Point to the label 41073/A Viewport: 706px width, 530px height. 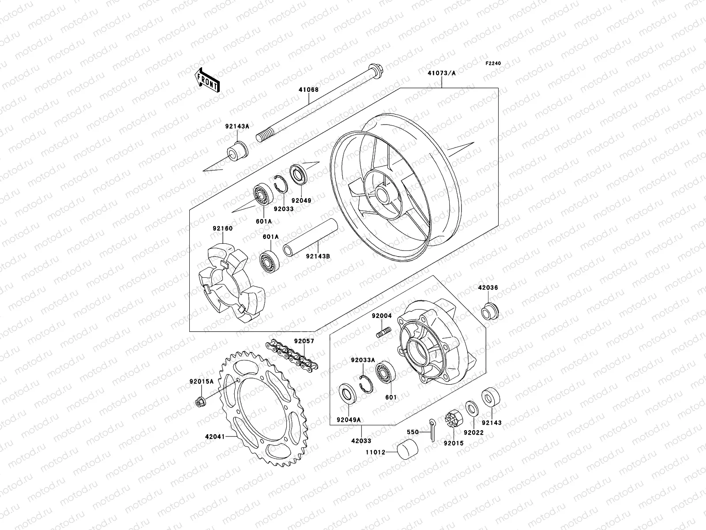(441, 73)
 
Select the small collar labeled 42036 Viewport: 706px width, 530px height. (489, 310)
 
